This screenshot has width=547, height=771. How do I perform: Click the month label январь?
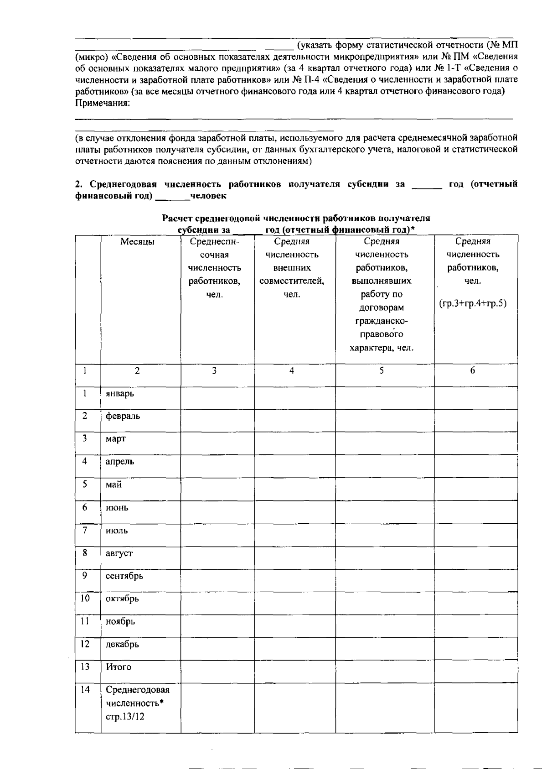(x=119, y=393)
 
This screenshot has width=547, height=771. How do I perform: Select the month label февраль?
(x=123, y=416)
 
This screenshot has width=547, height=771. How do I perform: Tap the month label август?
(x=119, y=553)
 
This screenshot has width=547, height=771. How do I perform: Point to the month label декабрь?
(x=122, y=645)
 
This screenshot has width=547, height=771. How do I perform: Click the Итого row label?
(x=119, y=667)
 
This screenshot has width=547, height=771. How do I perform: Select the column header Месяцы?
(x=137, y=242)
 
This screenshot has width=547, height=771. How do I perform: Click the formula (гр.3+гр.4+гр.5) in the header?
(x=473, y=303)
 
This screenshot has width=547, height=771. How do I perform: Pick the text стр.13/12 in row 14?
(x=125, y=716)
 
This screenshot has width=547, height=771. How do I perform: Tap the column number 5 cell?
(x=382, y=371)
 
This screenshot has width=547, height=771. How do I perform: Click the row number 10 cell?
(x=85, y=599)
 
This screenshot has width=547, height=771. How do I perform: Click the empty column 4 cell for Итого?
(x=294, y=672)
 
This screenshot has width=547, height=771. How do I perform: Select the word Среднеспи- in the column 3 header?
(x=214, y=241)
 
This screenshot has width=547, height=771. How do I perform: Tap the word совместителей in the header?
(x=291, y=281)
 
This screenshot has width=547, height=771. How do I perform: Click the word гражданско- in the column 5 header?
(x=382, y=321)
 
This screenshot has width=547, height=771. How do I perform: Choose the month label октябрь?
(x=122, y=599)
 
